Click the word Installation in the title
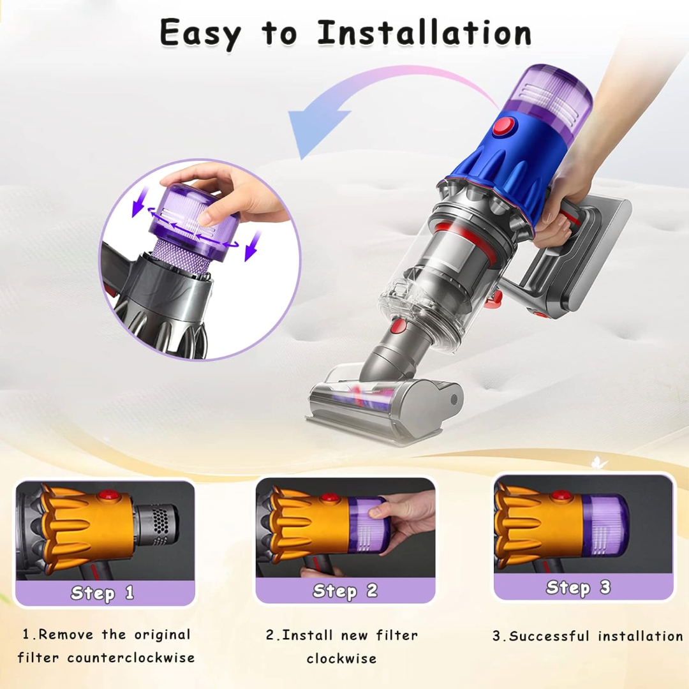pyautogui.click(x=424, y=33)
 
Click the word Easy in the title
pyautogui.click(x=200, y=33)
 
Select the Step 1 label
pyautogui.click(x=103, y=593)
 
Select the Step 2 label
pyautogui.click(x=345, y=591)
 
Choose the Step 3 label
pyautogui.click(x=578, y=587)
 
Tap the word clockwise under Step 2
pyautogui.click(x=341, y=658)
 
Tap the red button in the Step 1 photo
pyautogui.click(x=109, y=496)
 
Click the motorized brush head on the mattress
pyautogui.click(x=383, y=403)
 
